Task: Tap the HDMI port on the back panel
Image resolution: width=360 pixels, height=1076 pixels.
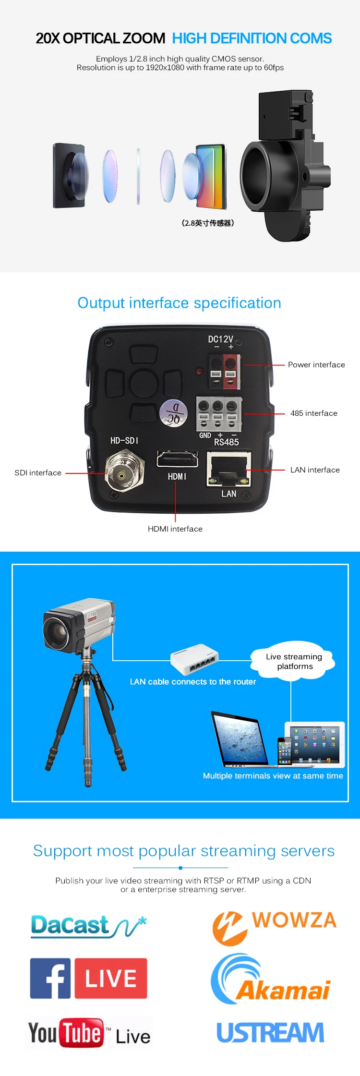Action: [x=177, y=459]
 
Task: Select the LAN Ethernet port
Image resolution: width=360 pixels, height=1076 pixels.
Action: [x=228, y=469]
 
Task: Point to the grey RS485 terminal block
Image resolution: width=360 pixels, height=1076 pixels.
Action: [x=219, y=413]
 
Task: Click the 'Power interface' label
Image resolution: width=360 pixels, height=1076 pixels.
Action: [x=316, y=365]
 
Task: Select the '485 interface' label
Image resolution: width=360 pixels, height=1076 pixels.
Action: [x=313, y=413]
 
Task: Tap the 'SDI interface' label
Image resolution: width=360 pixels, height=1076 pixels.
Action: [x=38, y=473]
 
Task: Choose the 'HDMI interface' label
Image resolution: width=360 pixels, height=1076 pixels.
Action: [x=175, y=529]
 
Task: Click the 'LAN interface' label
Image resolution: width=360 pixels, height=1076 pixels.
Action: [x=315, y=470]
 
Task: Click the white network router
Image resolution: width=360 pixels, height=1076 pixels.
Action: [x=194, y=659]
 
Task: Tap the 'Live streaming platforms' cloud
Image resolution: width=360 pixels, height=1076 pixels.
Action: [x=294, y=662]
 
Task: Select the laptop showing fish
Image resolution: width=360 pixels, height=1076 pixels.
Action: [x=240, y=740]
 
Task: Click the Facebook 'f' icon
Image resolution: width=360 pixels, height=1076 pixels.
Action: [x=50, y=978]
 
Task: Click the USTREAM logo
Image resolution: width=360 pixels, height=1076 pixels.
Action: [x=270, y=1033]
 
